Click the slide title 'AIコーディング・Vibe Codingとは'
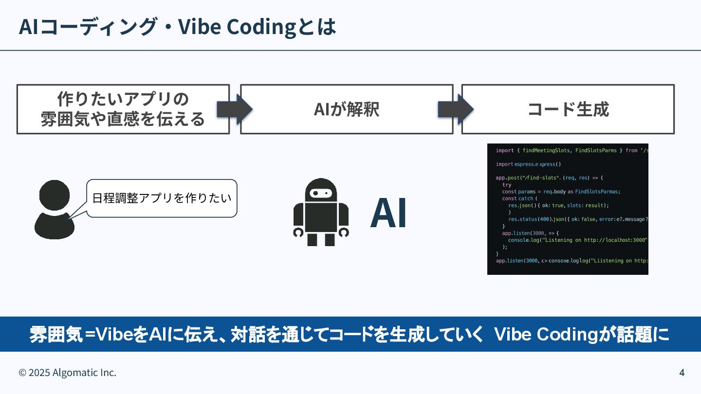pos(177,27)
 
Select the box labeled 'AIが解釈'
pos(347,109)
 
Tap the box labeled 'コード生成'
pos(568,109)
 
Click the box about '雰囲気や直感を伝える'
pos(123,109)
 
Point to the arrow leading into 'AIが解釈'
pos(234,109)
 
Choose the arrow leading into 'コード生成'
pos(456,109)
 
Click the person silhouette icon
pos(54,210)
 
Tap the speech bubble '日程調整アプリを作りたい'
pos(162,198)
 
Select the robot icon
pos(321,212)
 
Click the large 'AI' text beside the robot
pos(388,214)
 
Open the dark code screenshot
pos(568,209)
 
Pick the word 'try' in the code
pos(507,185)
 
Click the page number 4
pos(682,373)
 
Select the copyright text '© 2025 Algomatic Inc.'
pos(68,373)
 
